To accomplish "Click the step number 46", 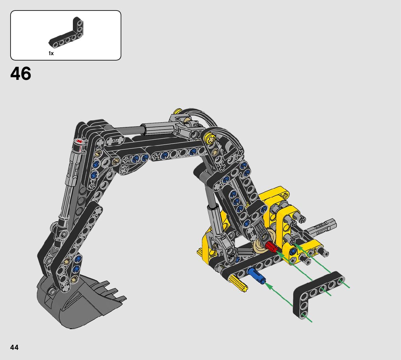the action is pyautogui.click(x=21, y=74).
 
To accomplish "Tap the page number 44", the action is pyautogui.click(x=15, y=347).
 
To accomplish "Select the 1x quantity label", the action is pyautogui.click(x=51, y=53).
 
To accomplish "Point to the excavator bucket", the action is pyautogui.click(x=77, y=302).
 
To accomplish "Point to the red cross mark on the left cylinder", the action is pyautogui.click(x=80, y=141).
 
